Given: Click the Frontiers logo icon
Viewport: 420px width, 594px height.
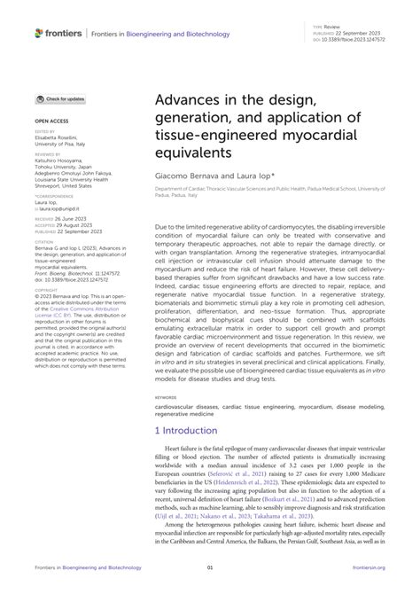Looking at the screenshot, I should tap(39, 33).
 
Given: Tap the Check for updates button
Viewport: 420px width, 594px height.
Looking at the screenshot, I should tap(61, 99).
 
